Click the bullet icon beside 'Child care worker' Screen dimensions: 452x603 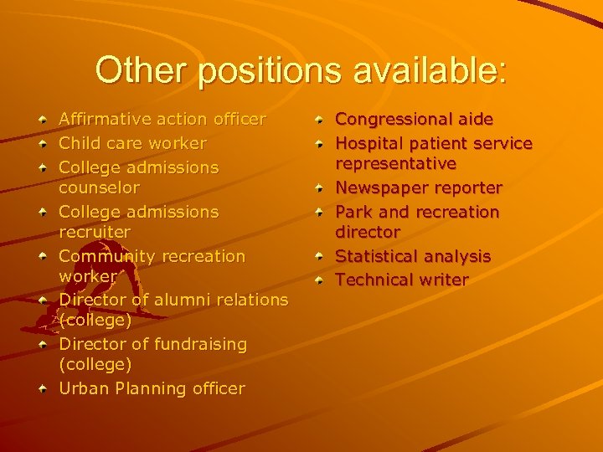43,144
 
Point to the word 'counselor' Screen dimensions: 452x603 99,187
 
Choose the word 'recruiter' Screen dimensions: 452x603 95,232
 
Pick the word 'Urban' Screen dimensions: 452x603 81,388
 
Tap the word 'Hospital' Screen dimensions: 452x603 368,144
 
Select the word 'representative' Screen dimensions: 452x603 395,163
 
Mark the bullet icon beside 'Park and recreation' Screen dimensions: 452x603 320,213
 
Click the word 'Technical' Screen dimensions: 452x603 374,280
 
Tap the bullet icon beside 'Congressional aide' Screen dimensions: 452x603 320,121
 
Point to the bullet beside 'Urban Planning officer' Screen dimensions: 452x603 43,388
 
